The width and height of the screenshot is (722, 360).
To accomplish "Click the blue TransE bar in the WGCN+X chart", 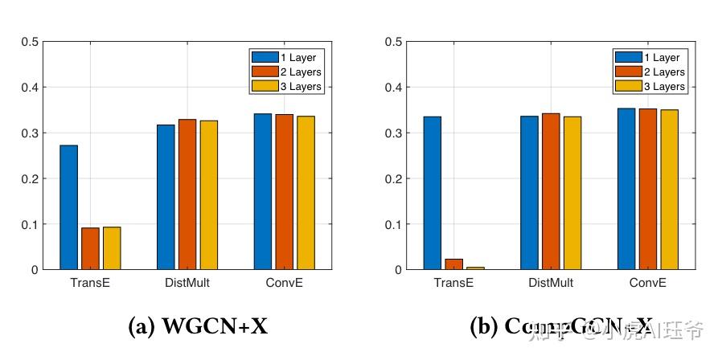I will (x=68, y=207).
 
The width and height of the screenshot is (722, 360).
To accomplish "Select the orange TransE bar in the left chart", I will (x=90, y=249).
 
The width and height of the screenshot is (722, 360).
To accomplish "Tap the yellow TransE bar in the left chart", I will (x=112, y=248).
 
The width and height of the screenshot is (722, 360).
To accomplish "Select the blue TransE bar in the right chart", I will (x=433, y=193).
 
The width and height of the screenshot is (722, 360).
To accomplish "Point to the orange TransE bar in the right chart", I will (x=454, y=264).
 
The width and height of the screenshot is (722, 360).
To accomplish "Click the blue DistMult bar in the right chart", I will (x=529, y=193).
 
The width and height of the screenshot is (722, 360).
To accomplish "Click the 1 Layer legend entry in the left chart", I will (x=287, y=57).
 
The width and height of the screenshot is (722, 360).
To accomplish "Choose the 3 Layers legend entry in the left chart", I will (x=287, y=86).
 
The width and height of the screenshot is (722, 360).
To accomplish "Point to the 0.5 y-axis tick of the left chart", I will (x=29, y=41).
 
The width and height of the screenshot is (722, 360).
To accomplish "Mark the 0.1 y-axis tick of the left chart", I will (x=29, y=224).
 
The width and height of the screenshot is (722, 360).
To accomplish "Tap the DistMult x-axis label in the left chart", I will (x=187, y=283).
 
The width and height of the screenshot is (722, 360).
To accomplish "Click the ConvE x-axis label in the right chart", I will (x=648, y=283).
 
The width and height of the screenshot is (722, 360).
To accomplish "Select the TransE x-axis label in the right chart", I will (x=454, y=283).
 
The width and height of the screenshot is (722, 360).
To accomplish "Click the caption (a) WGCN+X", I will (x=198, y=326).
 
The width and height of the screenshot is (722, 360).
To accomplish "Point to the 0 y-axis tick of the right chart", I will (x=396, y=270).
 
